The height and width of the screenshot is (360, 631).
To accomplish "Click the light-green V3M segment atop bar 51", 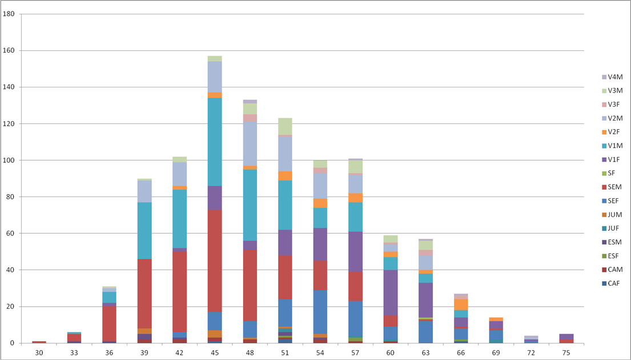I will [x=285, y=126].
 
